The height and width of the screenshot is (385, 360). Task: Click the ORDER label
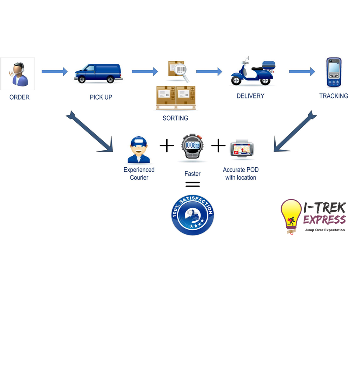[20, 97]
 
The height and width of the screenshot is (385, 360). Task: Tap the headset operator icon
[18, 74]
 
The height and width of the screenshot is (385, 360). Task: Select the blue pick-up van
[98, 73]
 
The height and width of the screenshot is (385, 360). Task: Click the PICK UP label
[101, 97]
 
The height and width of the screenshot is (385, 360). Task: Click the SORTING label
[175, 118]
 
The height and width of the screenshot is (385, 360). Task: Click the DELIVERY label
[250, 96]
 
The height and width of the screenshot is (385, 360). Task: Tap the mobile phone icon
[334, 72]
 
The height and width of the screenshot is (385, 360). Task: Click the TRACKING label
[333, 96]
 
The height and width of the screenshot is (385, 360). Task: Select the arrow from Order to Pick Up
[55, 71]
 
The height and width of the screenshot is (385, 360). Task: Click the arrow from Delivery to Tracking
[302, 71]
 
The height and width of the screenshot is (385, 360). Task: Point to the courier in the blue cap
[139, 150]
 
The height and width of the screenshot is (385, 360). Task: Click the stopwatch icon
[192, 147]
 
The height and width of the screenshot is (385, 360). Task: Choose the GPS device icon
[242, 149]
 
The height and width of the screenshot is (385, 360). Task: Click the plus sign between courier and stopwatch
[167, 146]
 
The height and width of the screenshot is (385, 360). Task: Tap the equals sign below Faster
[192, 184]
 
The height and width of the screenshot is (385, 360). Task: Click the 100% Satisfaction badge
[192, 215]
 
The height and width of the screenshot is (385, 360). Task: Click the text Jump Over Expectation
[324, 230]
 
